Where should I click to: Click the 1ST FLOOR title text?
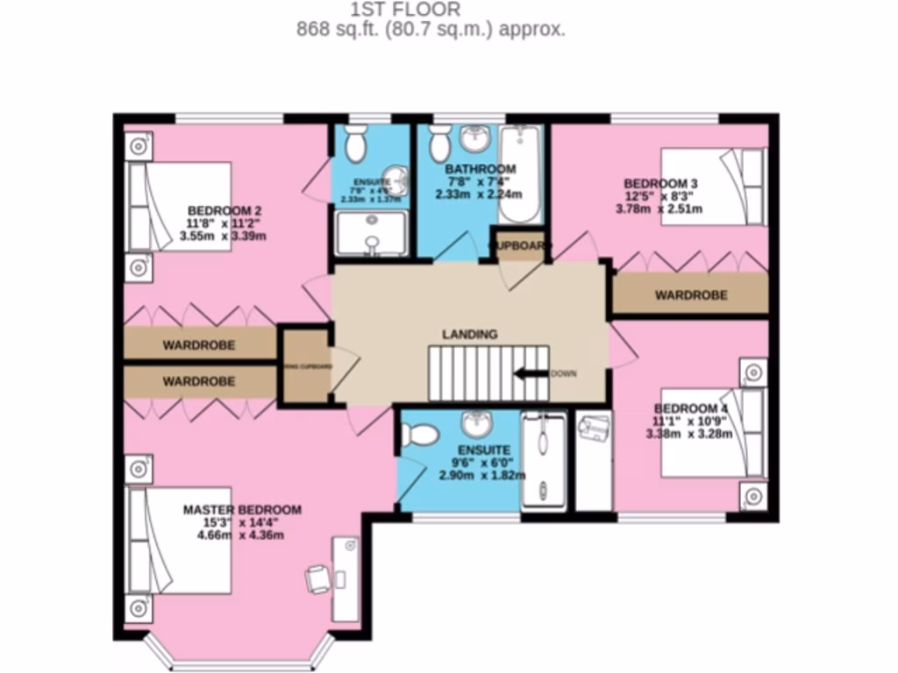point(404,10)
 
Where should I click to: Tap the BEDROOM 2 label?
point(224,210)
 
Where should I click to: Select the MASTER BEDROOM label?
point(242,509)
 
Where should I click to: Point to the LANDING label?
point(469,334)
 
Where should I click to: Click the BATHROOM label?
point(480,169)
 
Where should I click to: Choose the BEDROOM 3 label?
point(660,183)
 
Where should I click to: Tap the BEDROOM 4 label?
point(691,408)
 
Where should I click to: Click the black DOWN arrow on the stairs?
point(531,373)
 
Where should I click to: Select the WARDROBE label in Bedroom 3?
point(691,295)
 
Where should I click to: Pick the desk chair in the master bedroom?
point(317,577)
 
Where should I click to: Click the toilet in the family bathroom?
point(439,142)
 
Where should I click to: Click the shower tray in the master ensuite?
point(544,462)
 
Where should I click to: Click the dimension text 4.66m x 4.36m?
point(242,535)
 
